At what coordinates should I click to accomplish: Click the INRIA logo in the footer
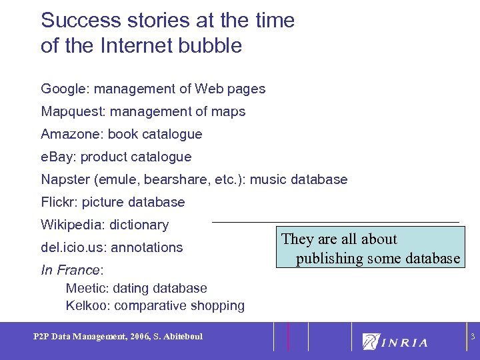395,342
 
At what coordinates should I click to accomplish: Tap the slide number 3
472,337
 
